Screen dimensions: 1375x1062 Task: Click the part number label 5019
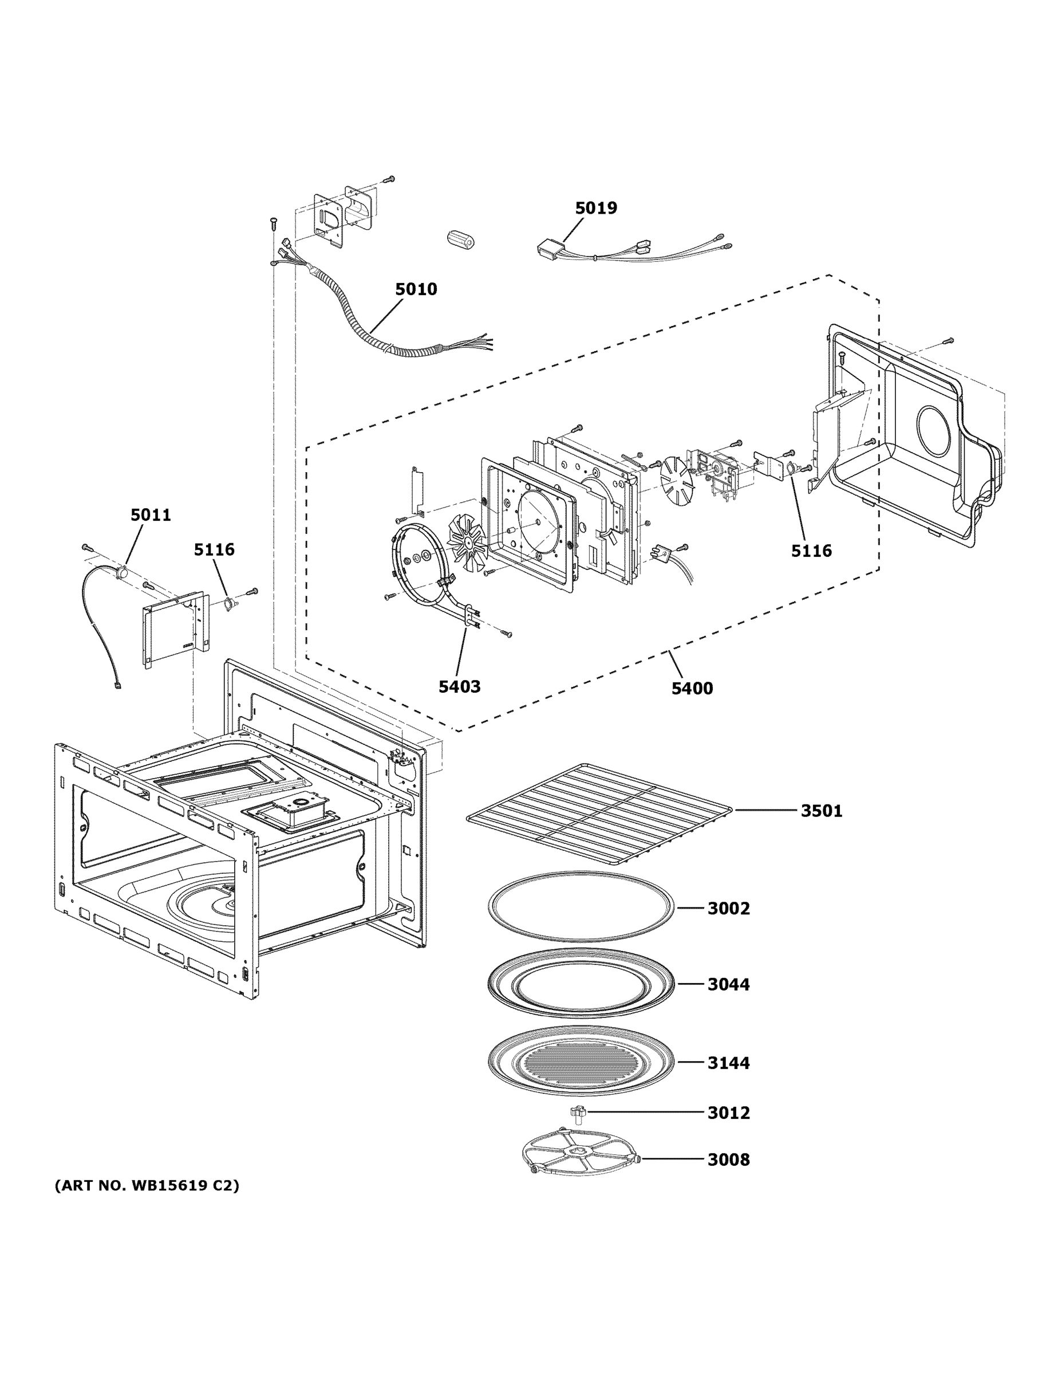[596, 208]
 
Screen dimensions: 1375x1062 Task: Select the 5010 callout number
[416, 289]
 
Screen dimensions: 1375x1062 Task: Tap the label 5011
[151, 514]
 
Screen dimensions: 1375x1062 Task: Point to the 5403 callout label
[459, 686]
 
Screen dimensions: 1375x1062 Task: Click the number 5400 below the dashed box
[692, 688]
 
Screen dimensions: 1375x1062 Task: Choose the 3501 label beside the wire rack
[821, 810]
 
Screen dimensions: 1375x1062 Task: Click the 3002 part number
[729, 909]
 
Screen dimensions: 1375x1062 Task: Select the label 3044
[729, 984]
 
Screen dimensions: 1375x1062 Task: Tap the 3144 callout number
[729, 1063]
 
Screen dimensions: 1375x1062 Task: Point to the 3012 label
[729, 1113]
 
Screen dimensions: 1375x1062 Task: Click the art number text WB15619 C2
[147, 1185]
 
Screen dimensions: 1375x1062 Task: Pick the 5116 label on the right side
[811, 551]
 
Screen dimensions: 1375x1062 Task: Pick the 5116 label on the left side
[214, 549]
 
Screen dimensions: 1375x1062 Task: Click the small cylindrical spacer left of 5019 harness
[460, 239]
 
